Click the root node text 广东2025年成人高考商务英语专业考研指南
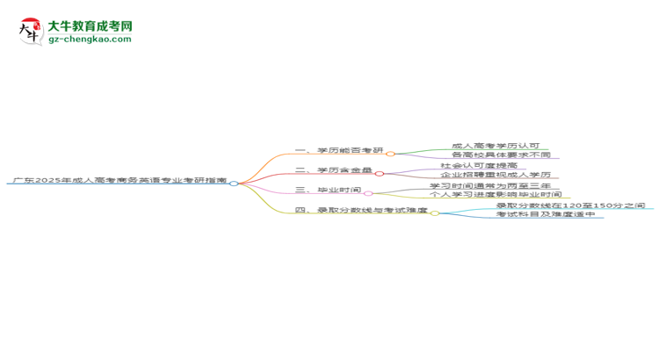pyautogui.click(x=118, y=180)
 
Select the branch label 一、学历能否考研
pyautogui.click(x=339, y=153)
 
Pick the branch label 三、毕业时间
pyautogui.click(x=328, y=190)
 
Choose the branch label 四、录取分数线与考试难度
pyautogui.click(x=361, y=211)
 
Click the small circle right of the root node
pyautogui.click(x=234, y=184)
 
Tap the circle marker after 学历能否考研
pyautogui.click(x=390, y=154)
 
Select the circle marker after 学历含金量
pyautogui.click(x=380, y=174)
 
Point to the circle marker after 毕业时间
pyautogui.click(x=368, y=193)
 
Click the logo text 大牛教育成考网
pyautogui.click(x=91, y=27)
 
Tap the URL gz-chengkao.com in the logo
pyautogui.click(x=91, y=40)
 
